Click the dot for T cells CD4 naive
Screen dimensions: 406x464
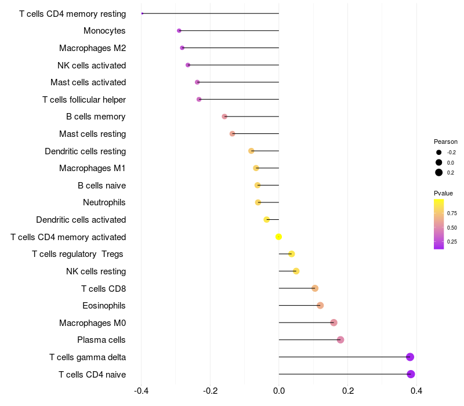(411, 374)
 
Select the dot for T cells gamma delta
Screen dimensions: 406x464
(410, 357)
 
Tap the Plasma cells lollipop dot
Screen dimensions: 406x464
(340, 340)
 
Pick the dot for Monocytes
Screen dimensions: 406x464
(179, 31)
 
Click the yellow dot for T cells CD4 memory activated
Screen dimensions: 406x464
(278, 237)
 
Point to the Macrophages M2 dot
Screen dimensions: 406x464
(182, 48)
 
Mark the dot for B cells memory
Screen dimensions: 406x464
(224, 117)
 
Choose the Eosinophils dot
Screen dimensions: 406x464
(320, 306)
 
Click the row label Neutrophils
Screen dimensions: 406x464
(104, 202)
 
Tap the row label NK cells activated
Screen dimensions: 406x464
(92, 65)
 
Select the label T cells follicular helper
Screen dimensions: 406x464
(84, 100)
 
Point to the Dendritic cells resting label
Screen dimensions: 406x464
(85, 151)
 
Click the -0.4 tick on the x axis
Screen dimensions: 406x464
(141, 391)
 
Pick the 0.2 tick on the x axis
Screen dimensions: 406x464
(347, 391)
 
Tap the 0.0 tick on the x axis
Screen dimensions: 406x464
(279, 391)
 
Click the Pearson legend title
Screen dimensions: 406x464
(445, 142)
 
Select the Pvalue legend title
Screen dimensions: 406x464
(443, 193)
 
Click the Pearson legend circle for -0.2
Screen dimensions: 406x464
(439, 153)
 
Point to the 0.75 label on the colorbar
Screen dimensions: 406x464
(451, 213)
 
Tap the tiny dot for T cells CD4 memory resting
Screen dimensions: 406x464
(142, 13)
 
